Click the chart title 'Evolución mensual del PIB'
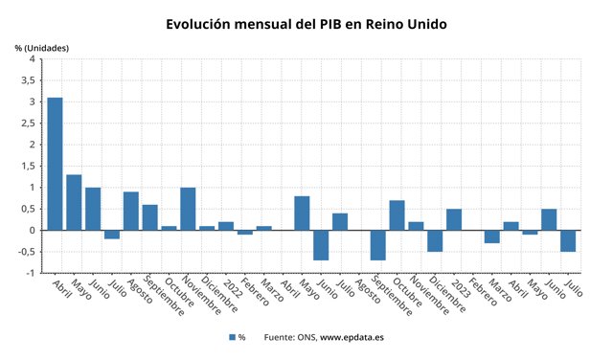click(x=306, y=23)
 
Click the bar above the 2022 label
click(x=226, y=226)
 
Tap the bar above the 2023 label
click(x=454, y=219)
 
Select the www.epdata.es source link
click(x=352, y=337)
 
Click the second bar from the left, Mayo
click(x=74, y=202)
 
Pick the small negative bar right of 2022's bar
click(x=245, y=232)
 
